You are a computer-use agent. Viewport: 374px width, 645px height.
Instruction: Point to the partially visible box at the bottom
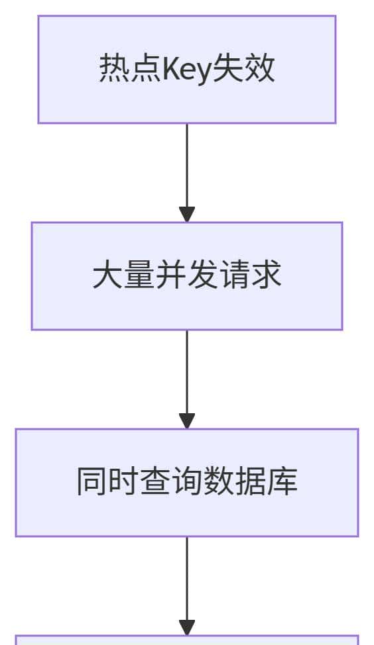point(186,640)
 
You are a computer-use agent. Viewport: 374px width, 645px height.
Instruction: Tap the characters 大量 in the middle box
point(123,275)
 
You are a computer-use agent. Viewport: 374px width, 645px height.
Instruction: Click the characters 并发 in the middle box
point(186,275)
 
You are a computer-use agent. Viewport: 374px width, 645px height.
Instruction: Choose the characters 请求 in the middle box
point(250,275)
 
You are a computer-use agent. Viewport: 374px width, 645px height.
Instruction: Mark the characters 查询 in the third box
point(170,482)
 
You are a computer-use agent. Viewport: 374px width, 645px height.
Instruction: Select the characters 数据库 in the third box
point(250,482)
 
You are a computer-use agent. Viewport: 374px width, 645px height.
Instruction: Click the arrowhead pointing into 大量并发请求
point(187,215)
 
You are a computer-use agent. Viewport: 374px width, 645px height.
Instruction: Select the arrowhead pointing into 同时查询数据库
point(187,421)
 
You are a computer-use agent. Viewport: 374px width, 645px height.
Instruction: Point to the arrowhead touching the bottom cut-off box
point(187,628)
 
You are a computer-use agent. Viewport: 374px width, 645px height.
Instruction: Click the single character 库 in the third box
point(282,482)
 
